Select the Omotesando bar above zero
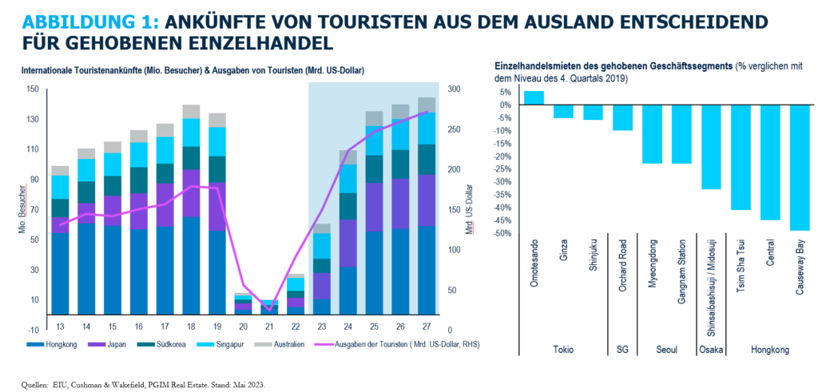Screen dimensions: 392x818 tap(534, 97)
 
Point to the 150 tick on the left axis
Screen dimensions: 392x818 tap(32, 89)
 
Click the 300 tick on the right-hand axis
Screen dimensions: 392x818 tap(453, 89)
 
